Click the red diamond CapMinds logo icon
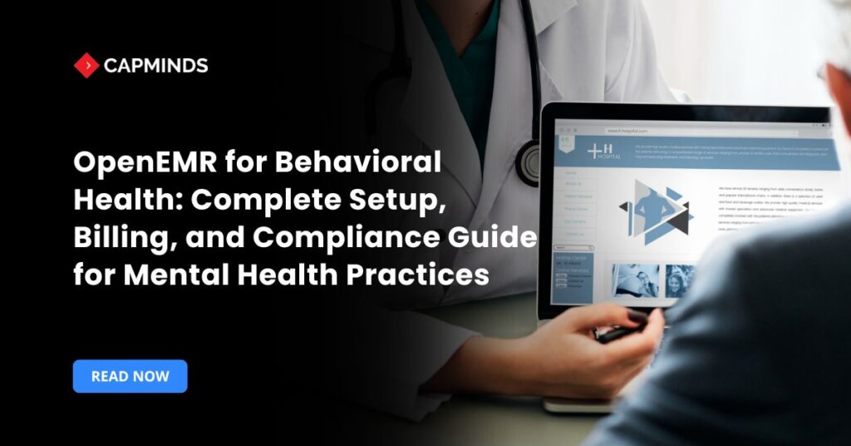[86, 65]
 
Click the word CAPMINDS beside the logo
[155, 65]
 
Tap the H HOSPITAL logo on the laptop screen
[603, 151]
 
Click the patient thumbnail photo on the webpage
[635, 280]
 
